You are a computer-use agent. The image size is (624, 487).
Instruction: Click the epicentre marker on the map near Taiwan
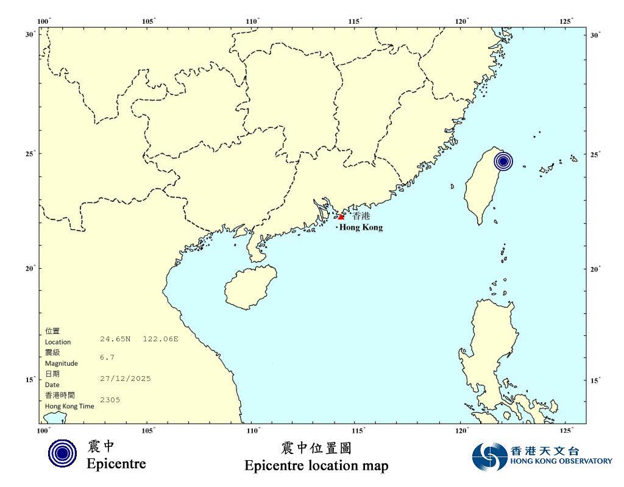point(503,162)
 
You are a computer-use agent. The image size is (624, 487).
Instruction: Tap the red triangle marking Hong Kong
point(341,217)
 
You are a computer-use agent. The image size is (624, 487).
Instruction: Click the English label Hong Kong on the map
point(361,227)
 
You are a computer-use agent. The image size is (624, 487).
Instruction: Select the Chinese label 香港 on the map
point(361,216)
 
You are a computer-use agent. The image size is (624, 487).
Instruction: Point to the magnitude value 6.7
point(107,357)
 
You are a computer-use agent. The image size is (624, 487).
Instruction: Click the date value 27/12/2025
point(125,379)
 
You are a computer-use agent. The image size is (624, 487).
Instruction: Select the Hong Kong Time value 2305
point(110,400)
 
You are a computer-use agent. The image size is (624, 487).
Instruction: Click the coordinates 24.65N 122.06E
point(139,338)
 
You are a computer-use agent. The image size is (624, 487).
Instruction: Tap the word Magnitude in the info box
point(61,363)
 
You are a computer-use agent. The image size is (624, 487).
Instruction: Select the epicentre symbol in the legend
point(62,454)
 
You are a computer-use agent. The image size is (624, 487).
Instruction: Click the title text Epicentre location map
point(316,466)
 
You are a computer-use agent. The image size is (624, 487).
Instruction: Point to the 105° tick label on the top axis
point(148,21)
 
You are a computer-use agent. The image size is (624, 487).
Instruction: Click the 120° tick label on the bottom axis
point(463,431)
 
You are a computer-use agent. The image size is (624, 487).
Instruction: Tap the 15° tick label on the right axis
point(595,380)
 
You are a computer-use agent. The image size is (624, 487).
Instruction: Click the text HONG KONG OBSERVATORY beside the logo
point(561,461)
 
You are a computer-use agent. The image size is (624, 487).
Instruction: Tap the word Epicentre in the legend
point(116,464)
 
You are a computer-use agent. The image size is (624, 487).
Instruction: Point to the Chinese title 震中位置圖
point(316,449)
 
